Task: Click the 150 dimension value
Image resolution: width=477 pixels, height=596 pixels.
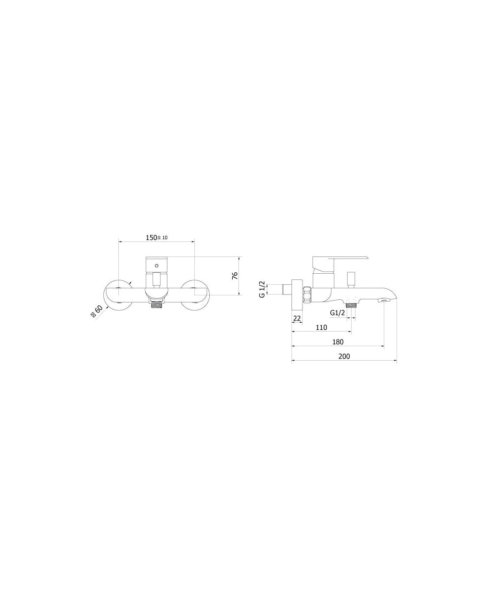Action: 151,238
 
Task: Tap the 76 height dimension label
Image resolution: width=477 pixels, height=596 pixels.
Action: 235,276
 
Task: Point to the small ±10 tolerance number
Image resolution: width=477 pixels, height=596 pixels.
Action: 165,238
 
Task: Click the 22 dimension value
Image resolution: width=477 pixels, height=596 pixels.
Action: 297,318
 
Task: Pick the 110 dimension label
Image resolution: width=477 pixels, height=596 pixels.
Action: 322,327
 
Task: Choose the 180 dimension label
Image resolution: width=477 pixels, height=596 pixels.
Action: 338,342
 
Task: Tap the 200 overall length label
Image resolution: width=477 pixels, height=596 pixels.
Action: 344,356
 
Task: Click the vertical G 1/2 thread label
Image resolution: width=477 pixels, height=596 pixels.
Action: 262,289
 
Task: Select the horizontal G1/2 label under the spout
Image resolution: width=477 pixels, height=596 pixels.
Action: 337,313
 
